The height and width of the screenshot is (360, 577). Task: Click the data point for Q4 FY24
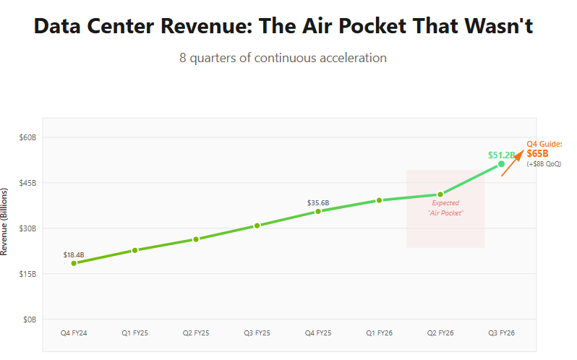(x=74, y=263)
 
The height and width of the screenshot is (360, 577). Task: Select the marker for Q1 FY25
(x=134, y=250)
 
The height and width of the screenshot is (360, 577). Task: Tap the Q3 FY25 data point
(x=257, y=226)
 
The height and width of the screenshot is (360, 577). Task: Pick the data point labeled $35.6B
(x=318, y=211)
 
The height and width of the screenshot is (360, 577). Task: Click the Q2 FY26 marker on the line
(x=440, y=194)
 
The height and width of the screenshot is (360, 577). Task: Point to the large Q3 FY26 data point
(x=502, y=164)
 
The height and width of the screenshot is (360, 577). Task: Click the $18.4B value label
(x=74, y=254)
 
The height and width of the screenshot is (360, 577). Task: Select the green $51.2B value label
(x=501, y=155)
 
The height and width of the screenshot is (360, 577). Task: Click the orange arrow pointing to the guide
(x=512, y=163)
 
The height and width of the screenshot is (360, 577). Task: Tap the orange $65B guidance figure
(x=537, y=153)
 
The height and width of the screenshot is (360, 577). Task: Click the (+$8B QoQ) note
(x=544, y=163)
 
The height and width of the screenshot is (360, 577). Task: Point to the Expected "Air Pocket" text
(x=445, y=208)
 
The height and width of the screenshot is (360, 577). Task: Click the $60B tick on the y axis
(x=27, y=137)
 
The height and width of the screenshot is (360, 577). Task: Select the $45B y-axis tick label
(x=27, y=183)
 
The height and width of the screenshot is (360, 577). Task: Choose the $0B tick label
(x=29, y=320)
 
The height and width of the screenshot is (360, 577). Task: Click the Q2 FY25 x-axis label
(x=196, y=333)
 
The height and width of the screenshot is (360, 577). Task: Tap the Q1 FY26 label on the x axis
(x=379, y=333)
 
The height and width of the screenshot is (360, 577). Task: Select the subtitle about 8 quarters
(x=283, y=58)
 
